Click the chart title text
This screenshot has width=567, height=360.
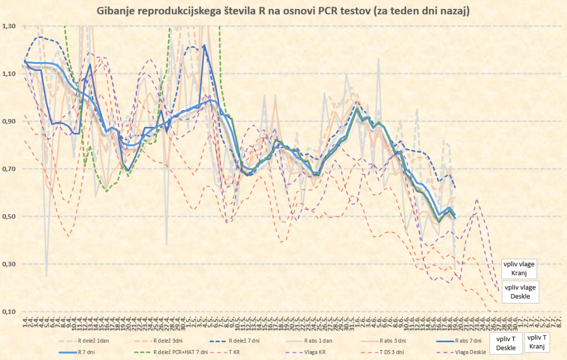tap(283, 11)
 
